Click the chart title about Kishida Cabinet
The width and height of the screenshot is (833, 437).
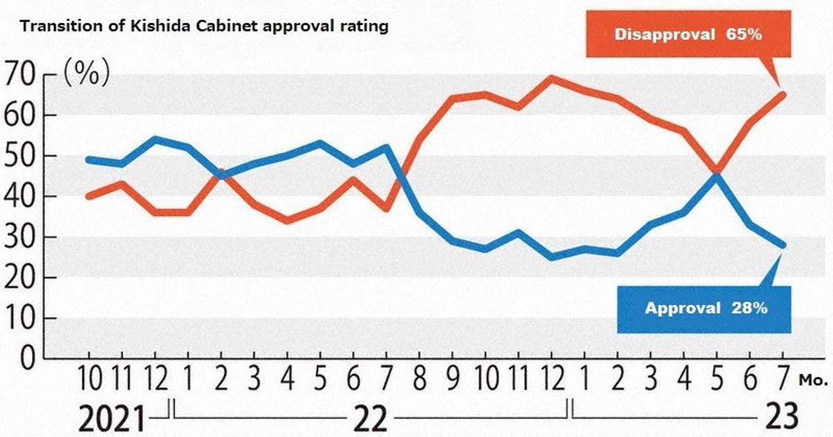(x=203, y=27)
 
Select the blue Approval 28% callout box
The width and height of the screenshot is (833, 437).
(x=705, y=309)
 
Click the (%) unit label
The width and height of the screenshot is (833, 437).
(x=87, y=74)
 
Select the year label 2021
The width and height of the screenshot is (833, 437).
(x=112, y=418)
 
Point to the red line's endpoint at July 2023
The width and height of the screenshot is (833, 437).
(x=782, y=94)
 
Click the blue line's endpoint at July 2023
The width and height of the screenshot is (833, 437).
(x=782, y=245)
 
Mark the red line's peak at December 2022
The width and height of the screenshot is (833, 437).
(x=551, y=78)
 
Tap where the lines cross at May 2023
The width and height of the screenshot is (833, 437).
(x=716, y=173)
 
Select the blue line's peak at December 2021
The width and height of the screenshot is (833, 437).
(x=155, y=139)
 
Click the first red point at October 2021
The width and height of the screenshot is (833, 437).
(x=89, y=196)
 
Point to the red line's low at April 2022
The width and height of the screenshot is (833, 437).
(x=287, y=221)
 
